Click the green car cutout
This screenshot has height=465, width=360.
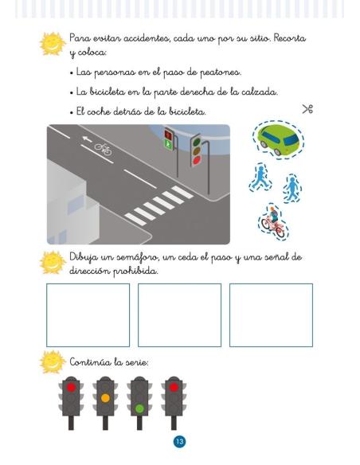coord(278,139)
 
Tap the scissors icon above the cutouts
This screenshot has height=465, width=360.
coord(307,109)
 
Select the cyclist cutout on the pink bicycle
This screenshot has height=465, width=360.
coord(273,221)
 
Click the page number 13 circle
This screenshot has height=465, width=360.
coord(179,442)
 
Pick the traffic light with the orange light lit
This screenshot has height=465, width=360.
coord(105,403)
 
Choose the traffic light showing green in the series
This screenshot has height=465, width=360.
coord(139,403)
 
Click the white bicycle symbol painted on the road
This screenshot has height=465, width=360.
coord(103,149)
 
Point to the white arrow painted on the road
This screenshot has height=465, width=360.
coord(87,139)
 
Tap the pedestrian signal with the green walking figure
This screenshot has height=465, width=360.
coord(169,139)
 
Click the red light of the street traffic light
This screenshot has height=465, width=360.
coord(197,160)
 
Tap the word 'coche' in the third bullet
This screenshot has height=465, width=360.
coord(99,111)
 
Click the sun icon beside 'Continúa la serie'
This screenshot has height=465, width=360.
coord(53,362)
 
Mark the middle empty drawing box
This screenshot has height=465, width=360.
coord(179,315)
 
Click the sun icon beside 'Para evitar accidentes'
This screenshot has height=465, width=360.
coord(53,44)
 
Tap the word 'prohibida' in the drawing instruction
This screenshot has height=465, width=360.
coord(135,271)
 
